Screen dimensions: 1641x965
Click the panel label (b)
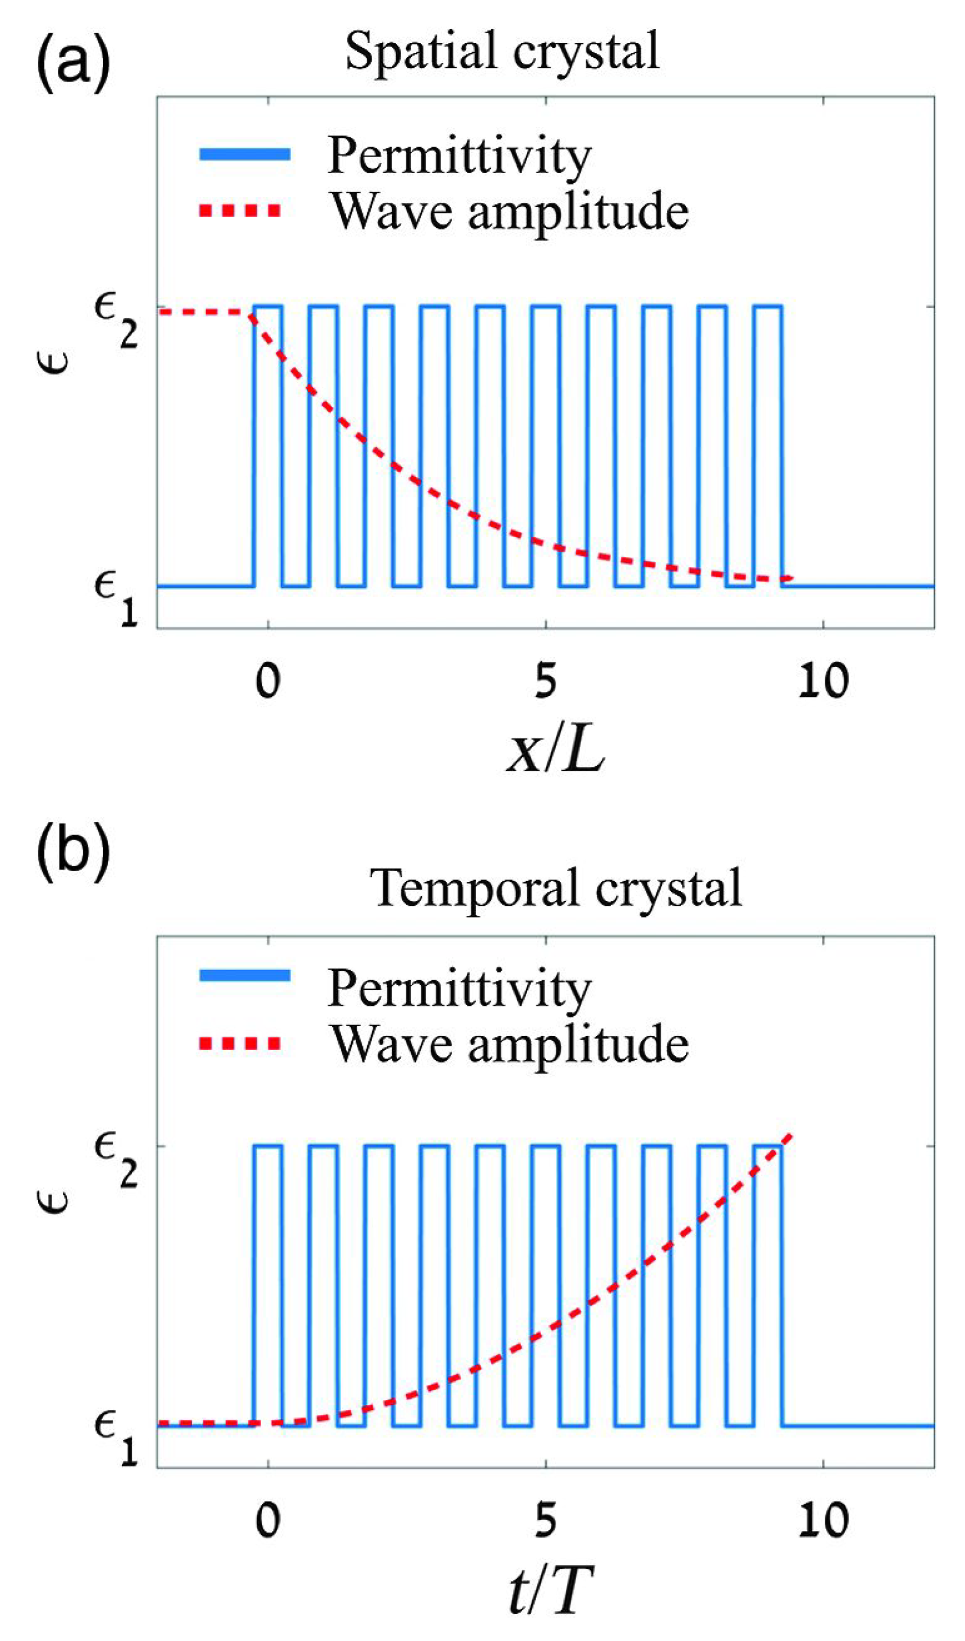tap(73, 850)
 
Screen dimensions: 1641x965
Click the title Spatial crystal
tap(501, 52)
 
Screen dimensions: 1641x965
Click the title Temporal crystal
tap(555, 888)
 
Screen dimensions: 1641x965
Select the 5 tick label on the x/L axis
tap(545, 681)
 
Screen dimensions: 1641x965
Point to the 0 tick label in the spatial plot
tap(267, 681)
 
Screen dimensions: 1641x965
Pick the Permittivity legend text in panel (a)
tap(459, 155)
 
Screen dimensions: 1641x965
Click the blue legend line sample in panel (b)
tap(244, 975)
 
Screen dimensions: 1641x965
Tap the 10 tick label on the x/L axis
tap(823, 681)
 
